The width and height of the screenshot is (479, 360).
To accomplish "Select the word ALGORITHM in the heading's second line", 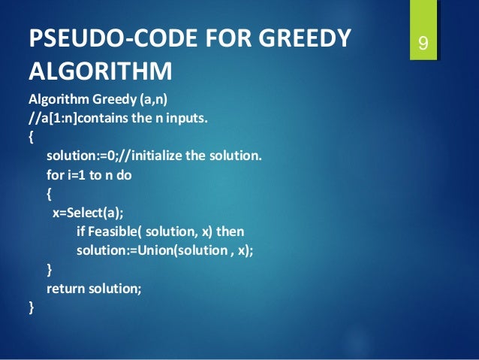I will click(100, 72).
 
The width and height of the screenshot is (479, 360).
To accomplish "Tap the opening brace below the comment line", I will click(31, 138).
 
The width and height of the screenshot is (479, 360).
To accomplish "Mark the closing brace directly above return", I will click(50, 269).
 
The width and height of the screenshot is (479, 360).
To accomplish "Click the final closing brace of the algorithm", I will click(31, 307).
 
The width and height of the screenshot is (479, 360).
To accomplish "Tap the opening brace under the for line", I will click(50, 194).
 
